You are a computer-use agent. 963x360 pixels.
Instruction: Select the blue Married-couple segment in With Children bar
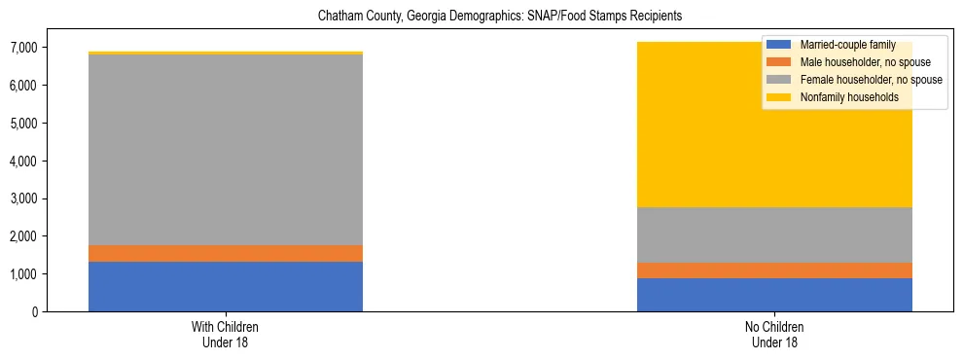pos(226,286)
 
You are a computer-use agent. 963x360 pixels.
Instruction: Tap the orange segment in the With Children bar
pos(226,253)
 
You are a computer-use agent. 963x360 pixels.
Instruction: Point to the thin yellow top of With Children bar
pos(226,53)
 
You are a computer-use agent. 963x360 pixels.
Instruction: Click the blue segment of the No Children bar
pos(774,295)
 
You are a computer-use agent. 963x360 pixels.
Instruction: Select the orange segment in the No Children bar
pos(774,270)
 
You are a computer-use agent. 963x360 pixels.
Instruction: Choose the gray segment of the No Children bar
pos(774,234)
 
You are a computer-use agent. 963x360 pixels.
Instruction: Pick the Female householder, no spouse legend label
pos(870,80)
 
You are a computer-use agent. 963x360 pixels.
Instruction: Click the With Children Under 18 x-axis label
pos(226,334)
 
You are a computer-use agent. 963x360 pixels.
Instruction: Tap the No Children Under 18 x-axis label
pos(774,334)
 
